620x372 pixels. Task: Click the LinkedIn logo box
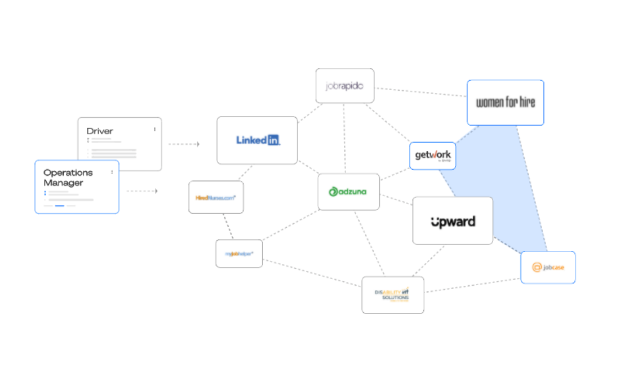tap(257, 140)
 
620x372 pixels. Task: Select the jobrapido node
tap(344, 86)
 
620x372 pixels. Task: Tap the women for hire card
tap(505, 103)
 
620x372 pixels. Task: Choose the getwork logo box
tap(432, 156)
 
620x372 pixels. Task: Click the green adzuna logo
tap(348, 192)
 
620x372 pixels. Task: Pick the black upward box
tap(453, 221)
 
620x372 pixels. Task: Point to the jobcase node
tap(548, 267)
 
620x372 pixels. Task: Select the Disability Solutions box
tap(393, 295)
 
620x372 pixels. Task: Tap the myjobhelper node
tap(239, 254)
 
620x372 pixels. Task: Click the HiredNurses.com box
tap(216, 197)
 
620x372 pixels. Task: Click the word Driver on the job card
tap(100, 131)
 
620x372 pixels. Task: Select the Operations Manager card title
tap(68, 178)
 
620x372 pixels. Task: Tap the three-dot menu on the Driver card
tap(155, 129)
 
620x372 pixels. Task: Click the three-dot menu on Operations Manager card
tap(112, 172)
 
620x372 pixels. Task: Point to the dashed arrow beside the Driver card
tap(184, 144)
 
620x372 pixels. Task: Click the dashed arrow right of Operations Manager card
tap(142, 191)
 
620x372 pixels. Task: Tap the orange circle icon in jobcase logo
tap(537, 267)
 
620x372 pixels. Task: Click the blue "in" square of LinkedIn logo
tap(273, 140)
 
